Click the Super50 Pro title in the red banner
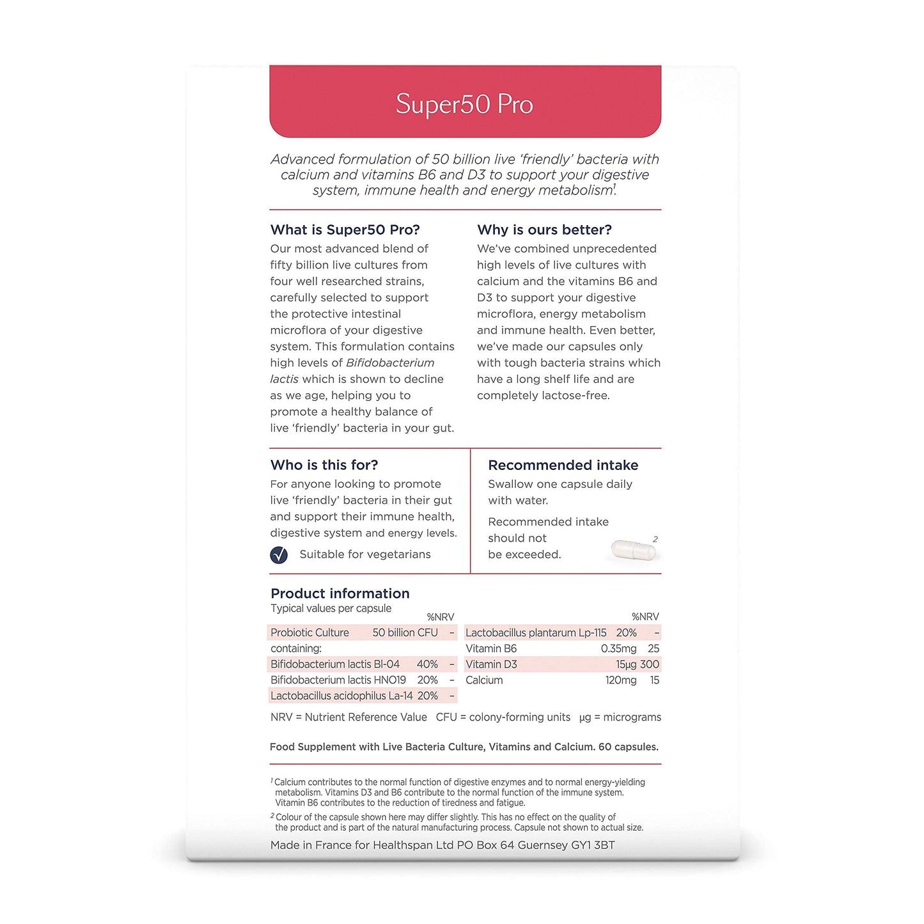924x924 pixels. pos(464,104)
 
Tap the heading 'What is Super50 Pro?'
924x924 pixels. pos(345,230)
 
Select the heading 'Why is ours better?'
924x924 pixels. pos(544,230)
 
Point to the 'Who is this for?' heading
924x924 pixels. pos(324,465)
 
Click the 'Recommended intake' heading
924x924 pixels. pos(563,465)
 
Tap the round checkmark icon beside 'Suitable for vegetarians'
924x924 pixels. pos(279,555)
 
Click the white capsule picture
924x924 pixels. pos(634,549)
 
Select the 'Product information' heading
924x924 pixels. pos(340,593)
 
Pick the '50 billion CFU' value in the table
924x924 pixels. pos(405,632)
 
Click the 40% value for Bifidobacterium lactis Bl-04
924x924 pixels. pos(427,664)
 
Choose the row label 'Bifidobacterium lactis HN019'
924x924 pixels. pos(338,680)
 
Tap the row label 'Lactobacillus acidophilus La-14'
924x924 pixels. pos(341,696)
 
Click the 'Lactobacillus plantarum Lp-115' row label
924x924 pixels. pos(536,632)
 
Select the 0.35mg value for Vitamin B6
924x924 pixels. pos(618,648)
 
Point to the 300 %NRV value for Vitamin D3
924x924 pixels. pos(650,664)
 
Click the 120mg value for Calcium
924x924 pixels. pos(621,680)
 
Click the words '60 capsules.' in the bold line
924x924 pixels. pos(628,747)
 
